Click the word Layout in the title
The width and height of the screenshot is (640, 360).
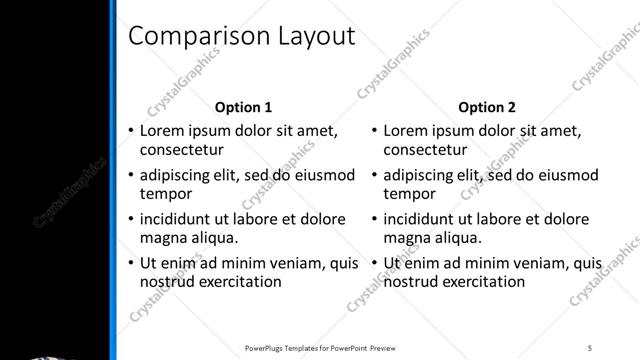309,36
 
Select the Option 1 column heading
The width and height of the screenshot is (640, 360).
244,107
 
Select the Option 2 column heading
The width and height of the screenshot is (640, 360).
488,107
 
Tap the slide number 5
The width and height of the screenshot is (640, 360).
591,348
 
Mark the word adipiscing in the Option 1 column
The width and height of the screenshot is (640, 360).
178,176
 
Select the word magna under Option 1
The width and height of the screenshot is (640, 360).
162,237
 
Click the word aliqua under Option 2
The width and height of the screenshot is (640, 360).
457,237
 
